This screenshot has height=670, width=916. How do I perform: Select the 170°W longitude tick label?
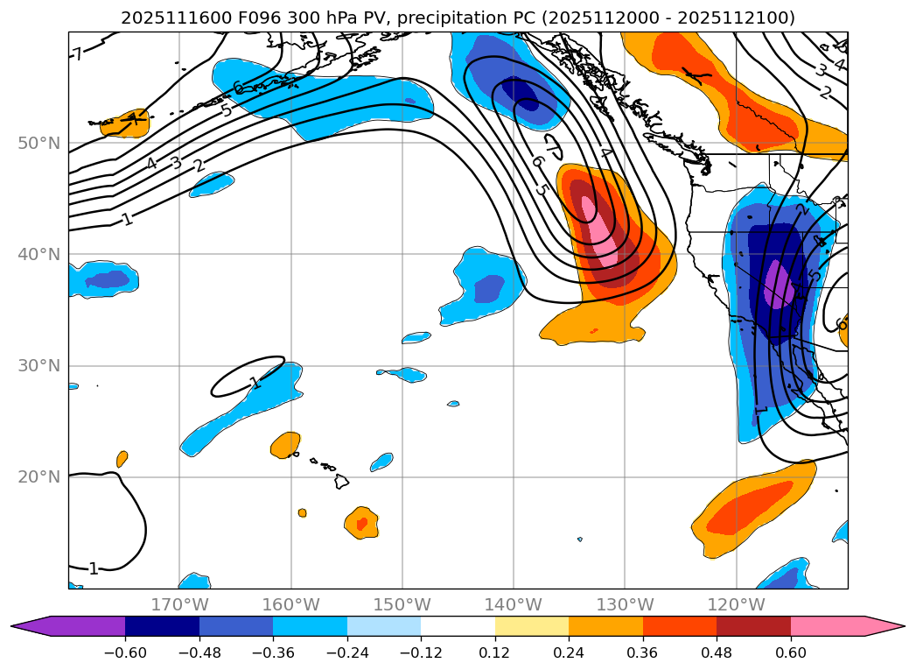point(179,604)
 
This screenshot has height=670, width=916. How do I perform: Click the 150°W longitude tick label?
point(402,604)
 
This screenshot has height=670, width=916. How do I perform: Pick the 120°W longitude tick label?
point(737,604)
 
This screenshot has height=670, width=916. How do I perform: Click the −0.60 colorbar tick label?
point(125,652)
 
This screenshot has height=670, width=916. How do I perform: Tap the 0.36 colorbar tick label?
point(643,652)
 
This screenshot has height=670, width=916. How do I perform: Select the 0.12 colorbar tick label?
point(495,652)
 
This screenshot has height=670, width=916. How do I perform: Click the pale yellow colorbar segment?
point(532,626)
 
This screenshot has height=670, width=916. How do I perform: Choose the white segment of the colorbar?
point(458,626)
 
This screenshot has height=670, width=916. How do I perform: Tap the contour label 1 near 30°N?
point(255,383)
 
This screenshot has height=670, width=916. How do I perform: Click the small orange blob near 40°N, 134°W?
point(595,331)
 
